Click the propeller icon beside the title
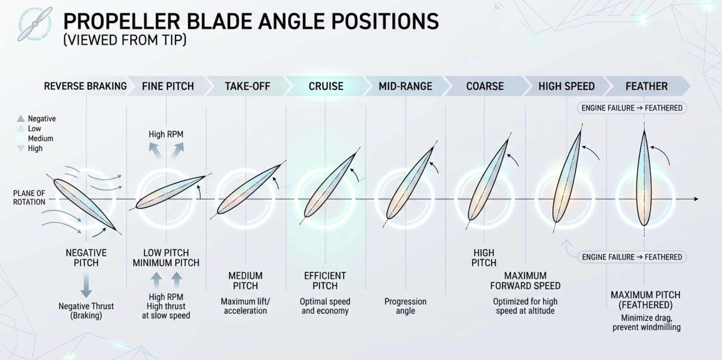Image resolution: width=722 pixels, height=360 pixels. (x=35, y=24)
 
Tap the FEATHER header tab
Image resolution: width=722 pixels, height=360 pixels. (x=646, y=86)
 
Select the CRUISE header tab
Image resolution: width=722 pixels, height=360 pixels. (x=326, y=86)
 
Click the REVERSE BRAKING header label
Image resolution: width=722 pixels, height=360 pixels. (x=85, y=86)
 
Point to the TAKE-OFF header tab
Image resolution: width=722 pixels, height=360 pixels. (x=247, y=86)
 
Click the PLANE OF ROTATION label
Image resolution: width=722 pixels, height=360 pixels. (x=29, y=197)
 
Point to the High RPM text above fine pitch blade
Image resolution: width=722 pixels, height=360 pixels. (x=166, y=134)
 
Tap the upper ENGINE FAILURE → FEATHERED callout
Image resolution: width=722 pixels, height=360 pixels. (x=631, y=108)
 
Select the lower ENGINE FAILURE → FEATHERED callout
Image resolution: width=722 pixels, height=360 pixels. (x=632, y=257)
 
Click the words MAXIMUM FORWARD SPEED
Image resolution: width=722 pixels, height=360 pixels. (x=525, y=281)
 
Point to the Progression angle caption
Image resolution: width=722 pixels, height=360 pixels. (x=405, y=306)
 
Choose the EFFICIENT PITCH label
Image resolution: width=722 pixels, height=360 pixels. (x=325, y=281)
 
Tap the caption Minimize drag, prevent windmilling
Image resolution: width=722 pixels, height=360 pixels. (x=646, y=323)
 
